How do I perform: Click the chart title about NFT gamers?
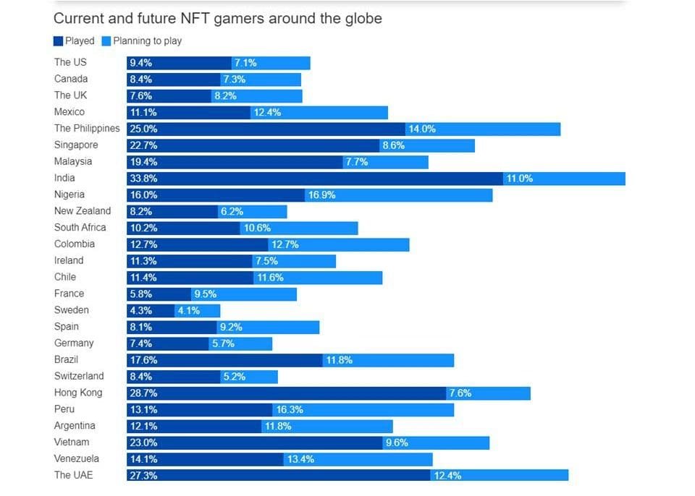217,18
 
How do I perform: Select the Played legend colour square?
59,41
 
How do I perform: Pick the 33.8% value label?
143,179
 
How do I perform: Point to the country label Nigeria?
69,194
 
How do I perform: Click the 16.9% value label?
321,195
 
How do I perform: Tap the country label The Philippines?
87,128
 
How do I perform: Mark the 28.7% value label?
143,393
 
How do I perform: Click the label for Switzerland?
79,376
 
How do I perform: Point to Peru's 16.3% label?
289,410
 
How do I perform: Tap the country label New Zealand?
83,211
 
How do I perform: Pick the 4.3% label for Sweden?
140,310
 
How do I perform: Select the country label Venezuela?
77,459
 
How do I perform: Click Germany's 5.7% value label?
223,343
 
